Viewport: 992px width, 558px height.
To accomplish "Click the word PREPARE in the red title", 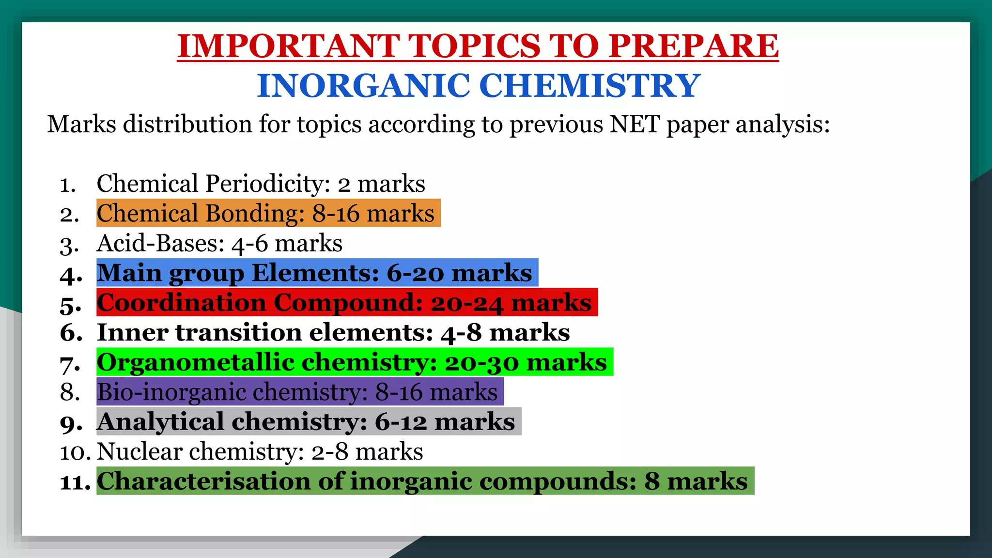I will coord(694,46).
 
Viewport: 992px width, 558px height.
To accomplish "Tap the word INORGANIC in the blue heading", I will coord(363,86).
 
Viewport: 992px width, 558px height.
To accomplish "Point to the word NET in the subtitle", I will coord(635,124).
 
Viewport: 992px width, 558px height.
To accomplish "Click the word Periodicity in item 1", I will coord(268,184).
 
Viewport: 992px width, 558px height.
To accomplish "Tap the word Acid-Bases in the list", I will coord(160,243).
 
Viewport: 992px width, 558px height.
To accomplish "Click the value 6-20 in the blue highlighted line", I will coord(415,273).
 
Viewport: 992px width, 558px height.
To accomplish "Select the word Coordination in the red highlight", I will coord(182,303).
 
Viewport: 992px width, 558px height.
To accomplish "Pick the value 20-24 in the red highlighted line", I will coord(467,303).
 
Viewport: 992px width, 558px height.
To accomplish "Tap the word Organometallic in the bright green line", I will coord(196,362).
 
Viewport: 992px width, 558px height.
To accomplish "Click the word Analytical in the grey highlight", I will coord(160,421).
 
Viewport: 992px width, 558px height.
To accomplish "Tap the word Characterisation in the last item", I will coord(203,481).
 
